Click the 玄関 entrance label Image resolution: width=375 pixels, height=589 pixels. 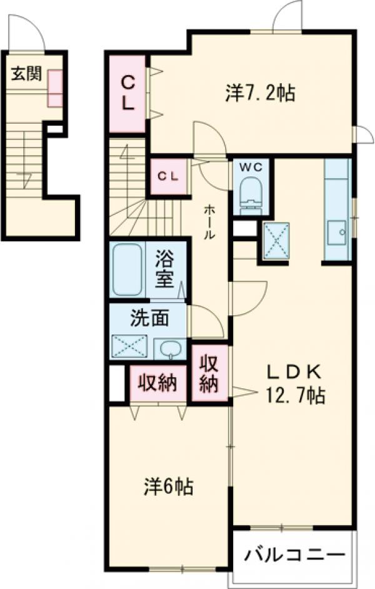(26, 74)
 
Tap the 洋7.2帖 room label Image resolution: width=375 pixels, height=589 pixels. (260, 93)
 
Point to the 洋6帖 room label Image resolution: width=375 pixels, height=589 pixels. (169, 486)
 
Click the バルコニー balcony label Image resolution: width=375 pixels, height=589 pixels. (294, 554)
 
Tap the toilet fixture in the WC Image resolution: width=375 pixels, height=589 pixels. (251, 193)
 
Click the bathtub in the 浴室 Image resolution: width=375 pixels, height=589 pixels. (127, 269)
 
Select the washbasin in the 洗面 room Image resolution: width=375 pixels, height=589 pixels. (171, 348)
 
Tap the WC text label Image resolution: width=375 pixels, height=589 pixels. (251, 168)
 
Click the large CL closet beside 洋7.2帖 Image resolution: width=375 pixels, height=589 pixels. (127, 94)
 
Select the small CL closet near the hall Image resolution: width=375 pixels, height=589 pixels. (168, 176)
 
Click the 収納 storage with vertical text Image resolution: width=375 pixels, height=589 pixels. (209, 373)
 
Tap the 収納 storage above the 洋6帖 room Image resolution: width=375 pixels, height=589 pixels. (158, 383)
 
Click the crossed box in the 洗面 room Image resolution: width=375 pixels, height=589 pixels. (129, 346)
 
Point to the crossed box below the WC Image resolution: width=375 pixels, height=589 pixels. (277, 240)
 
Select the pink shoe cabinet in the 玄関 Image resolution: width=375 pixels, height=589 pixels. (55, 88)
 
